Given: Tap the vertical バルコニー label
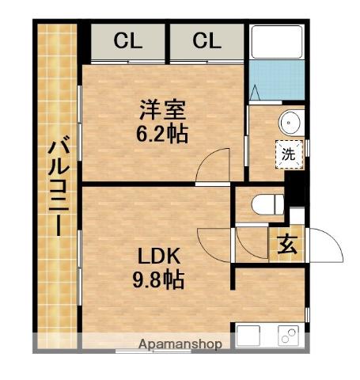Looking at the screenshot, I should (x=56, y=186).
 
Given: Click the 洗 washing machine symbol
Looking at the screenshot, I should (x=289, y=154).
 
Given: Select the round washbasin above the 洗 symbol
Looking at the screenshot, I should (x=290, y=122).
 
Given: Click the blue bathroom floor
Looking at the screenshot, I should (x=277, y=79).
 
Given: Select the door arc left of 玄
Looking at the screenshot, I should (x=252, y=244).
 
